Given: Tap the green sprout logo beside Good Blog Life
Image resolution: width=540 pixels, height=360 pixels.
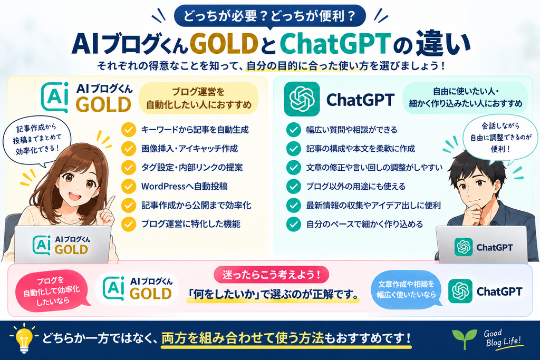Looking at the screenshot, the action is (x=465, y=338).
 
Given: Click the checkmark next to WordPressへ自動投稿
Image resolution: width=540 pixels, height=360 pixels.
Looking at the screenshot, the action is (x=129, y=186).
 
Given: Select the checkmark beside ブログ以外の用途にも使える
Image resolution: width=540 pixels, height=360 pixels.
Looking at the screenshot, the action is (x=293, y=186).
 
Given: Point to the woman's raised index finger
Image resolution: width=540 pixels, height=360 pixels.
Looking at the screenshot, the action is (x=111, y=203).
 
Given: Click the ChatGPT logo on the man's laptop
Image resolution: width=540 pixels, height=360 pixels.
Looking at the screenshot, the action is (x=464, y=247).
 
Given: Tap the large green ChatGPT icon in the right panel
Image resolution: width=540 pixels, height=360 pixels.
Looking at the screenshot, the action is (x=302, y=99).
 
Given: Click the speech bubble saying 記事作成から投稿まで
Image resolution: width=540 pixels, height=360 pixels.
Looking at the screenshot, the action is (x=37, y=141).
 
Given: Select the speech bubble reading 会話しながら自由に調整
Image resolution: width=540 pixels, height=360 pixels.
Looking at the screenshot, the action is (x=500, y=137).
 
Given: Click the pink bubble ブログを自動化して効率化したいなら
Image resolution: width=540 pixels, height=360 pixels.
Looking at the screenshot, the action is (x=52, y=291).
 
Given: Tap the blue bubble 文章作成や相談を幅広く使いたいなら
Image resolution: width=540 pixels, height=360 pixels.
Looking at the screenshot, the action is (x=407, y=289).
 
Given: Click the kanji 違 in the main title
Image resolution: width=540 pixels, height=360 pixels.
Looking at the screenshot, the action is (x=430, y=43).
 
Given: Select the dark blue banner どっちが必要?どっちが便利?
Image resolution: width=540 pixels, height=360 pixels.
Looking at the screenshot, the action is (x=269, y=16).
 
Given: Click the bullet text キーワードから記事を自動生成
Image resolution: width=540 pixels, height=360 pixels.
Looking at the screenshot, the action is (x=195, y=130).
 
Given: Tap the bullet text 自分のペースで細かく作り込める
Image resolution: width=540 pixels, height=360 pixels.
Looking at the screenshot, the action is (x=365, y=225).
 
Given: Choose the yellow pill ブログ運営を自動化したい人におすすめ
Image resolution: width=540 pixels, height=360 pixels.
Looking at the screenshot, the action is (x=199, y=98).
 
